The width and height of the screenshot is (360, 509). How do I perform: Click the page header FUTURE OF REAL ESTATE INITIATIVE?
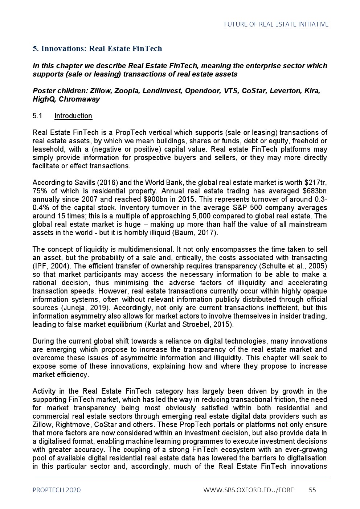(x=276, y=24)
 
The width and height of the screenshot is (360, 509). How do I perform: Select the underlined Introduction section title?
(x=73, y=116)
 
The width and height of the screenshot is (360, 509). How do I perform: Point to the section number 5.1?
(x=37, y=116)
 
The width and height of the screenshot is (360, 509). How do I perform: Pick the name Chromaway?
(x=79, y=99)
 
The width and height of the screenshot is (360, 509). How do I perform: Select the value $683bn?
(x=315, y=191)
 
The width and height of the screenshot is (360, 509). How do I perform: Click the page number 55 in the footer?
(x=312, y=490)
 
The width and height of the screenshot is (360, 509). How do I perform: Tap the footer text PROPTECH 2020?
(x=57, y=490)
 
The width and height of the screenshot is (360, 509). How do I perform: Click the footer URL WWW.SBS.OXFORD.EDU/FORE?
(x=249, y=490)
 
